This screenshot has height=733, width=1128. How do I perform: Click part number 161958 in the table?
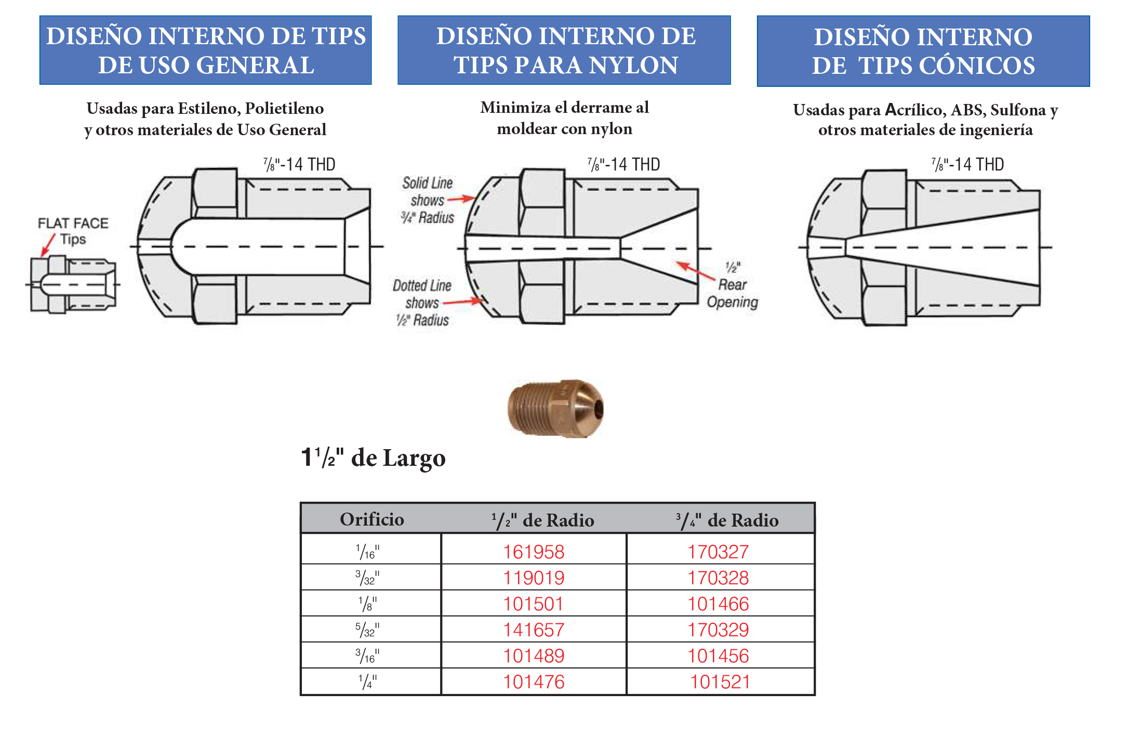click(x=533, y=552)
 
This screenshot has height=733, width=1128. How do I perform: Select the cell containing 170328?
click(x=718, y=578)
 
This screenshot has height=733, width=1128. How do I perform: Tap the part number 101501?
click(x=533, y=604)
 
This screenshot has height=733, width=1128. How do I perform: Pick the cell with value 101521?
click(x=720, y=682)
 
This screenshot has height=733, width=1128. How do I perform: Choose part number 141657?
click(x=533, y=630)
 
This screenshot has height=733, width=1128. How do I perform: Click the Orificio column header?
click(x=371, y=519)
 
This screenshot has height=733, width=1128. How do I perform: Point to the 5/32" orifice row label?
click(x=368, y=630)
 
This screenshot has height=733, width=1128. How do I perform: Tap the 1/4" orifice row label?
click(x=368, y=682)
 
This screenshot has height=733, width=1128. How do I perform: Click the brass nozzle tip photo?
click(x=555, y=408)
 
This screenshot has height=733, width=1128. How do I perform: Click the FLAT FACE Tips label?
click(x=73, y=231)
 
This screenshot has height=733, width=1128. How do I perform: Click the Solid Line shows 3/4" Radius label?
click(x=427, y=200)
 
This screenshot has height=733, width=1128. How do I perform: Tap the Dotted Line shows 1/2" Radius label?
click(x=422, y=303)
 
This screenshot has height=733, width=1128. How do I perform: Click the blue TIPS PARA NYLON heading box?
click(x=564, y=50)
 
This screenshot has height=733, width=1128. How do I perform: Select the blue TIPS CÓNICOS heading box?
click(x=923, y=51)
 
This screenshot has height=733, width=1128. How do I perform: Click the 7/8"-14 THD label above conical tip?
click(x=967, y=164)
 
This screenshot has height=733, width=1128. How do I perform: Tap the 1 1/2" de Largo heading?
click(x=373, y=458)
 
